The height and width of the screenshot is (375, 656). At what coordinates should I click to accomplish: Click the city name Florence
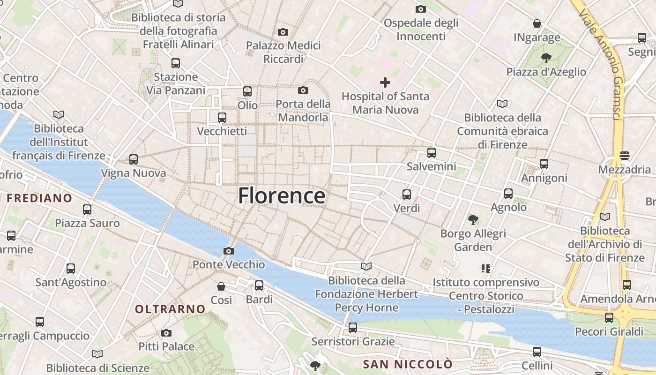coord(282,195)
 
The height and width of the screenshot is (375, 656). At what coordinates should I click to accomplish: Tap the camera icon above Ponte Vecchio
coord(229,251)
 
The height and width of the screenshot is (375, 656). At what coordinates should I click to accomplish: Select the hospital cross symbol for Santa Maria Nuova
coord(385,82)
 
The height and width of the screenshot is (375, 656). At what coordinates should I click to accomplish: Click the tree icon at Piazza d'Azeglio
coord(546,58)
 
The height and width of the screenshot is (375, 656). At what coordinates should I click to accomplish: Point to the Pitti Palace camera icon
coord(166,333)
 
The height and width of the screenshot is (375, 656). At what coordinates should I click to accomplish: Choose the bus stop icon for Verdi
coord(407,194)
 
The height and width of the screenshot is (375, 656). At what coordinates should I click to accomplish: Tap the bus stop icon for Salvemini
coord(432,152)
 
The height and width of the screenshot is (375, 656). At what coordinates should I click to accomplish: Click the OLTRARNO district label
coord(170,309)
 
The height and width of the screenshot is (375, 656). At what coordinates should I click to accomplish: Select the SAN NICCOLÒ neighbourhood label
coord(408,364)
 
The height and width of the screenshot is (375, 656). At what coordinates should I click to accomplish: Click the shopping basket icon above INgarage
coord(537,23)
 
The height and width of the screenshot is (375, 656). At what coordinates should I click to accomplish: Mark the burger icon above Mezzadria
coord(624,155)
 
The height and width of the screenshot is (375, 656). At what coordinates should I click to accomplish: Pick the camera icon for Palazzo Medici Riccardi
coord(283,32)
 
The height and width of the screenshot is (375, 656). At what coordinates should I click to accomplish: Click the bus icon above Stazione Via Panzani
coord(176,63)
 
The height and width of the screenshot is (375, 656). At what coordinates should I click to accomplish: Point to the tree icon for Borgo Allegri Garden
coord(473,219)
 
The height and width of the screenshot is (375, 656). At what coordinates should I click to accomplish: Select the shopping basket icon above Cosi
coord(221,286)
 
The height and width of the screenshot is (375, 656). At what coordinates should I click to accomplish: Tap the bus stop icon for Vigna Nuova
coord(134,159)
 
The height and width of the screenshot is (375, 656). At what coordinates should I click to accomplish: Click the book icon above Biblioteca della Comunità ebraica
coord(502,104)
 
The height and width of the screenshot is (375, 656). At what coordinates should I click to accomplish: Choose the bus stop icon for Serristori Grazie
coord(353,328)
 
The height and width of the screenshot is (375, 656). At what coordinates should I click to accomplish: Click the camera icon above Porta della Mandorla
coord(303,90)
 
